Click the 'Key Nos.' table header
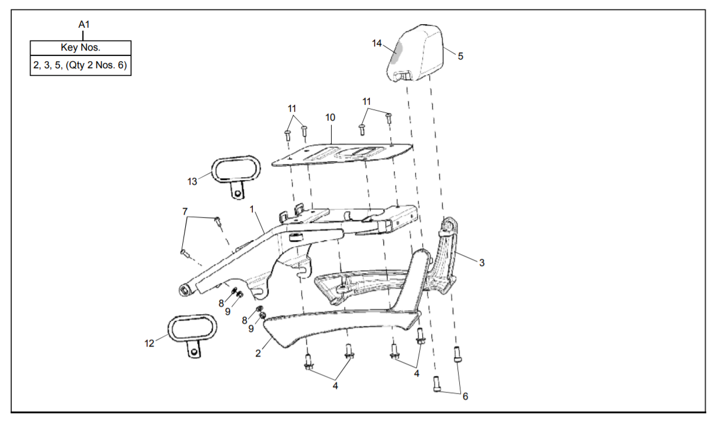81,48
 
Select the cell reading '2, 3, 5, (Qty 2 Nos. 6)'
81,65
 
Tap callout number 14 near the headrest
377,43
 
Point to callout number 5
460,56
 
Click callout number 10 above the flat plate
330,118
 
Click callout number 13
192,181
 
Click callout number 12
149,343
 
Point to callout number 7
185,211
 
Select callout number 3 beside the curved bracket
482,262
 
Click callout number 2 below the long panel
258,353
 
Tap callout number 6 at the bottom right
465,397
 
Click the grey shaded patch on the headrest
396,52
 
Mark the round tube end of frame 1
186,289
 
